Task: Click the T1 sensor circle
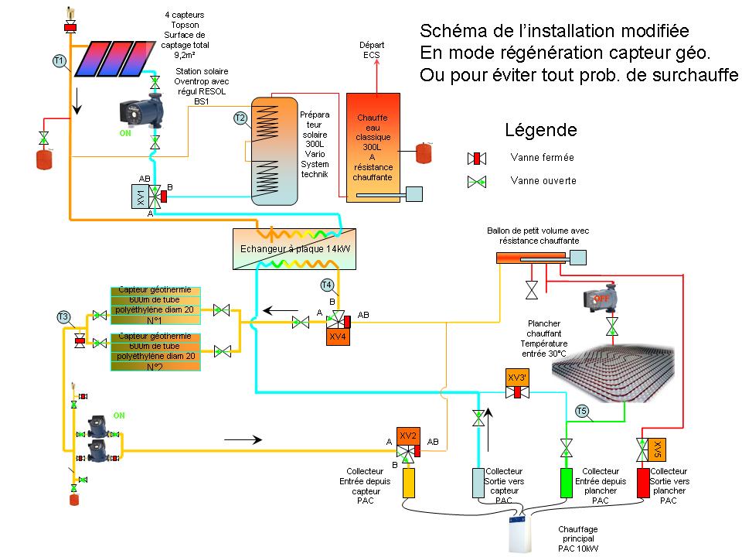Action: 59,60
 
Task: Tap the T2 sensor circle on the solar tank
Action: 240,118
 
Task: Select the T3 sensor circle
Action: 63,316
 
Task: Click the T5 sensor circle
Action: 582,411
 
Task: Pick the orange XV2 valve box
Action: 408,436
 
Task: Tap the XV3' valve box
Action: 517,377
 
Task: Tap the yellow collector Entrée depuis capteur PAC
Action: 409,484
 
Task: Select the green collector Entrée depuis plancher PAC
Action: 566,484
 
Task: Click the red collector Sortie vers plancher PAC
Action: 642,484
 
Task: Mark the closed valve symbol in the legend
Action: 477,158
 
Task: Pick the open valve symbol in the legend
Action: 477,182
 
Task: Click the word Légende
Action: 540,130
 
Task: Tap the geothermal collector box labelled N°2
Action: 155,351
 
